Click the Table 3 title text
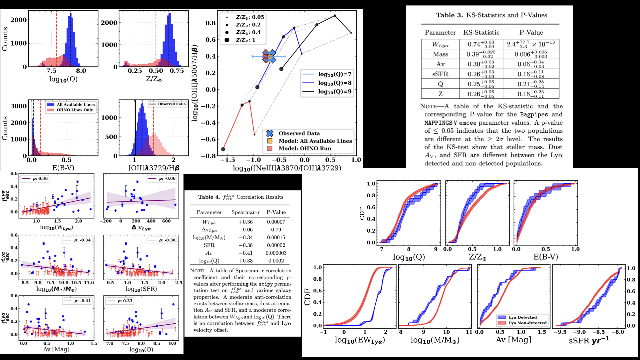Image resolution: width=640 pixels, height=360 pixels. pyautogui.click(x=491, y=15)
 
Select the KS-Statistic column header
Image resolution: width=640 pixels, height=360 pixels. pyautogui.click(x=481, y=33)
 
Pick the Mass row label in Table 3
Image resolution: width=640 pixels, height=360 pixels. pyautogui.click(x=440, y=54)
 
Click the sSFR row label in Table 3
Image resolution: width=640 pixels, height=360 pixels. pyautogui.click(x=440, y=74)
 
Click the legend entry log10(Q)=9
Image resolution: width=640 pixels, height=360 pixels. pyautogui.click(x=334, y=92)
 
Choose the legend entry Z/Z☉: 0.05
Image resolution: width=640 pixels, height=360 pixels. pyautogui.click(x=250, y=17)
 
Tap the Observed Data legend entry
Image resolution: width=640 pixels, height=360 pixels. pyautogui.click(x=299, y=133)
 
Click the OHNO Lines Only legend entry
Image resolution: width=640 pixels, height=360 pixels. pyautogui.click(x=75, y=110)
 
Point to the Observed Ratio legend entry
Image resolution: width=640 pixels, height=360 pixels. pyautogui.click(x=172, y=104)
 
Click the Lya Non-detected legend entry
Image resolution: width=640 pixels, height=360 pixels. pyautogui.click(x=527, y=323)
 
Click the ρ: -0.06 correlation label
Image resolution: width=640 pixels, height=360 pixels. pyautogui.click(x=167, y=179)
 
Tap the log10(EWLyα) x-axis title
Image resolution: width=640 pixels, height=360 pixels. pyautogui.click(x=360, y=340)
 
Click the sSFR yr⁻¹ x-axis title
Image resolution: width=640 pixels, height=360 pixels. pyautogui.click(x=589, y=341)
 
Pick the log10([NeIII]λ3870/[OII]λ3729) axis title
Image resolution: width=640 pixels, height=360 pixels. pyautogui.click(x=287, y=168)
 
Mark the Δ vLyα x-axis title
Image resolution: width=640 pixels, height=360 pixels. pyautogui.click(x=141, y=228)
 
